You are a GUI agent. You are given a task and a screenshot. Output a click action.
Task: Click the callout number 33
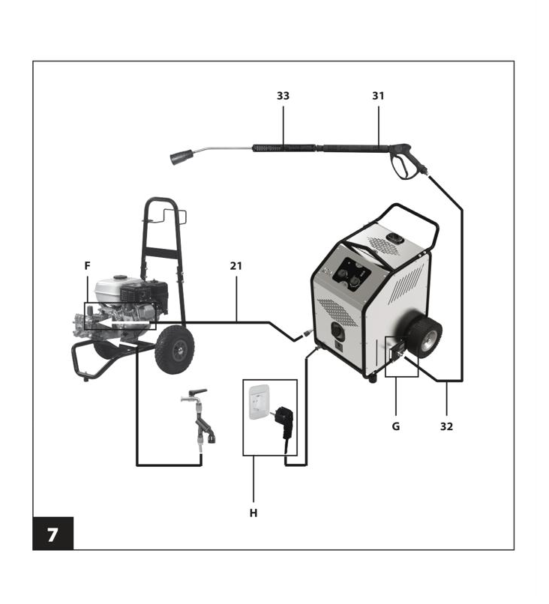[283, 96]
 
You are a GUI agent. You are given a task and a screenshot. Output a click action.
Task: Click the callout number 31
[378, 96]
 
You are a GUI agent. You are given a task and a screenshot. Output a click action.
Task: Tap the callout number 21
[236, 266]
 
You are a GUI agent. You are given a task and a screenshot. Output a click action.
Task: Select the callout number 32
[446, 426]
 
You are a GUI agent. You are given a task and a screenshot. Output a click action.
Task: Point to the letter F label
[88, 266]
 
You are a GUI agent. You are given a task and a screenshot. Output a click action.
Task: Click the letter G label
[396, 426]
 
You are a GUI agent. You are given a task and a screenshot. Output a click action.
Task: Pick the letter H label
[253, 513]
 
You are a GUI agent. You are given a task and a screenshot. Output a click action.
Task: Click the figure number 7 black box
[52, 534]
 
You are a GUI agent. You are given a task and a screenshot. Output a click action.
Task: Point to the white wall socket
[261, 402]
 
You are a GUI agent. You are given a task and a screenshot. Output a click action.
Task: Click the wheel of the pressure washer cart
[174, 350]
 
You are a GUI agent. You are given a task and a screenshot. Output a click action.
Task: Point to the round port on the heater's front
[338, 330]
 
